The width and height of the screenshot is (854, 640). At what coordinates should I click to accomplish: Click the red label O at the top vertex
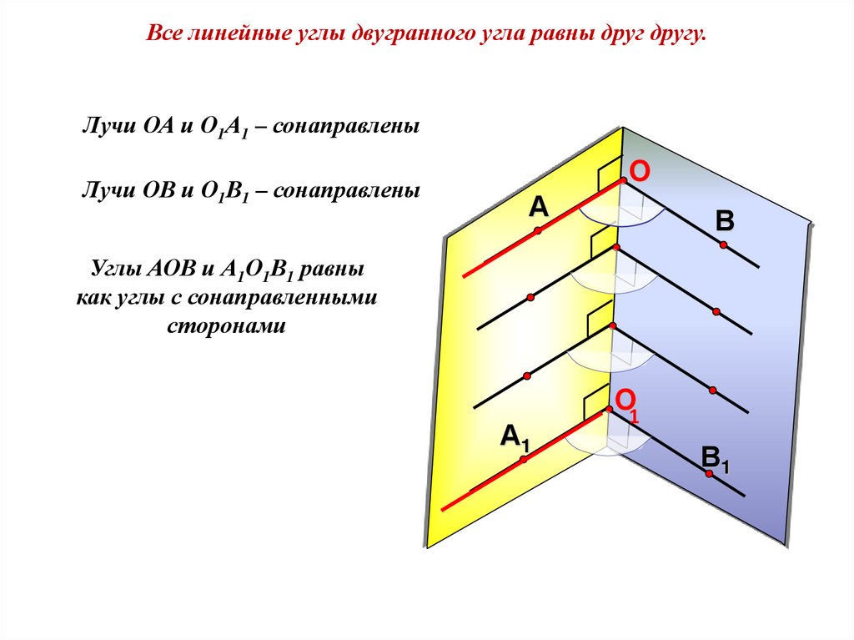[x=639, y=172]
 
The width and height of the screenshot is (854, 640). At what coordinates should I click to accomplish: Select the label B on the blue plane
[x=725, y=221]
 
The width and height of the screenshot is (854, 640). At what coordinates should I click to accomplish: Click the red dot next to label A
[x=539, y=229]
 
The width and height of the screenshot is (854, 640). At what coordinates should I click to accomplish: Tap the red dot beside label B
[x=724, y=244]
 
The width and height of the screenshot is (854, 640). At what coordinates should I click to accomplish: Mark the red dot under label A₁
[x=524, y=459]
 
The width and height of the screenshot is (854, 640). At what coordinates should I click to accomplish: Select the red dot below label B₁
[x=709, y=474]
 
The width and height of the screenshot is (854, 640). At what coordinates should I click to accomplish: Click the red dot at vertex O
[x=622, y=181]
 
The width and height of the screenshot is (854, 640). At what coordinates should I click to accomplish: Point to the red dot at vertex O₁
[x=610, y=409]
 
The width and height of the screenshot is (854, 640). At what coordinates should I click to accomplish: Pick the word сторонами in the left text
[x=226, y=325]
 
